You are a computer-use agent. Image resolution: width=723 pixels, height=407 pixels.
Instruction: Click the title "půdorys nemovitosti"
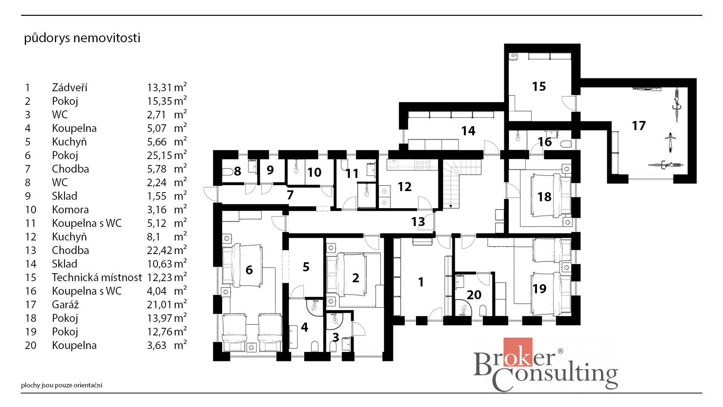click(x=82, y=38)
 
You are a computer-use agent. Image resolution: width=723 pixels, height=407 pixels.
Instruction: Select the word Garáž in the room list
click(x=65, y=304)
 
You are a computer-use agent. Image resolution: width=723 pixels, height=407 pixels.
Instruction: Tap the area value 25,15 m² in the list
click(x=166, y=155)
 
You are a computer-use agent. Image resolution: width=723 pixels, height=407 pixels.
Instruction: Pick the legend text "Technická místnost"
click(x=97, y=277)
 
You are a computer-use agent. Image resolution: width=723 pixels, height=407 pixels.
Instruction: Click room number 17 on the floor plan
click(x=639, y=125)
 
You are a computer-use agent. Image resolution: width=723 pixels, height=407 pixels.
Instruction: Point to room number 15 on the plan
click(x=539, y=86)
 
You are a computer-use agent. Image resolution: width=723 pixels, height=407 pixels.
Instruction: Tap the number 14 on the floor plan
click(x=468, y=131)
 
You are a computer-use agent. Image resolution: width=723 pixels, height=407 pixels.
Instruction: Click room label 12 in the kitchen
click(x=404, y=187)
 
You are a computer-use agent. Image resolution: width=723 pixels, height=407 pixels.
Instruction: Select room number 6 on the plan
click(x=249, y=270)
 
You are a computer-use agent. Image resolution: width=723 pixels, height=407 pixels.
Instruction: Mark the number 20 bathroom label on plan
click(x=474, y=295)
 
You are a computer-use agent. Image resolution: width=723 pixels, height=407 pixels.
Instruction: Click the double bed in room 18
click(x=551, y=196)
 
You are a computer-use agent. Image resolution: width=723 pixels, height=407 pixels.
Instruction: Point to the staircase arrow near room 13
click(x=450, y=206)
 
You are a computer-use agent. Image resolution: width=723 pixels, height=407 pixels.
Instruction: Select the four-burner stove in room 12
click(x=422, y=164)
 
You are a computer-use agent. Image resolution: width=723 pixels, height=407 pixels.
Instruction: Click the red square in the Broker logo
click(x=518, y=352)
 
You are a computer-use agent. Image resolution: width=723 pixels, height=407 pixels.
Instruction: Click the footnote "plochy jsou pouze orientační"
click(x=62, y=385)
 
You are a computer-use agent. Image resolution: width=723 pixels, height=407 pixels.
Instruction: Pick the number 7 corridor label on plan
click(x=290, y=195)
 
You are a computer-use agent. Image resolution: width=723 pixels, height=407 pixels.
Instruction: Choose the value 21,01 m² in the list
click(x=166, y=304)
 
